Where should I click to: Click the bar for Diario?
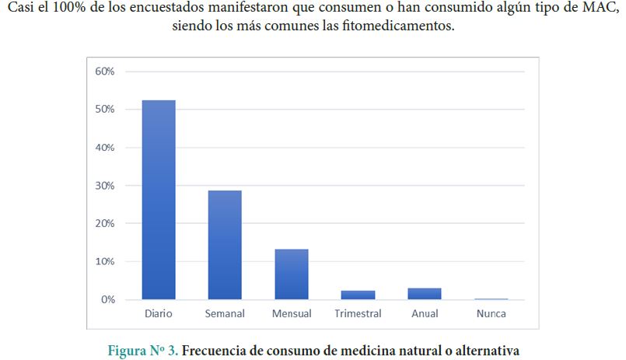(x=158, y=200)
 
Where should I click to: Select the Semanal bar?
(x=225, y=245)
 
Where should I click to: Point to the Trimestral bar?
(x=358, y=295)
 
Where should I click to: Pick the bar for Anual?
(x=425, y=294)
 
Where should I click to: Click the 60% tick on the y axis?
(x=105, y=72)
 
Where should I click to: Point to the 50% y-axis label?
(x=105, y=110)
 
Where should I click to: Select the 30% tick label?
(x=105, y=186)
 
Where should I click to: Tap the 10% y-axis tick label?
(x=105, y=261)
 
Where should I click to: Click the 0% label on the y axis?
(x=108, y=299)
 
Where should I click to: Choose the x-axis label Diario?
(x=158, y=314)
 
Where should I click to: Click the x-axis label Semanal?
(x=225, y=314)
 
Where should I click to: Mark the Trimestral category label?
(x=358, y=314)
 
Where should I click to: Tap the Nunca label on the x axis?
(x=491, y=314)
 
